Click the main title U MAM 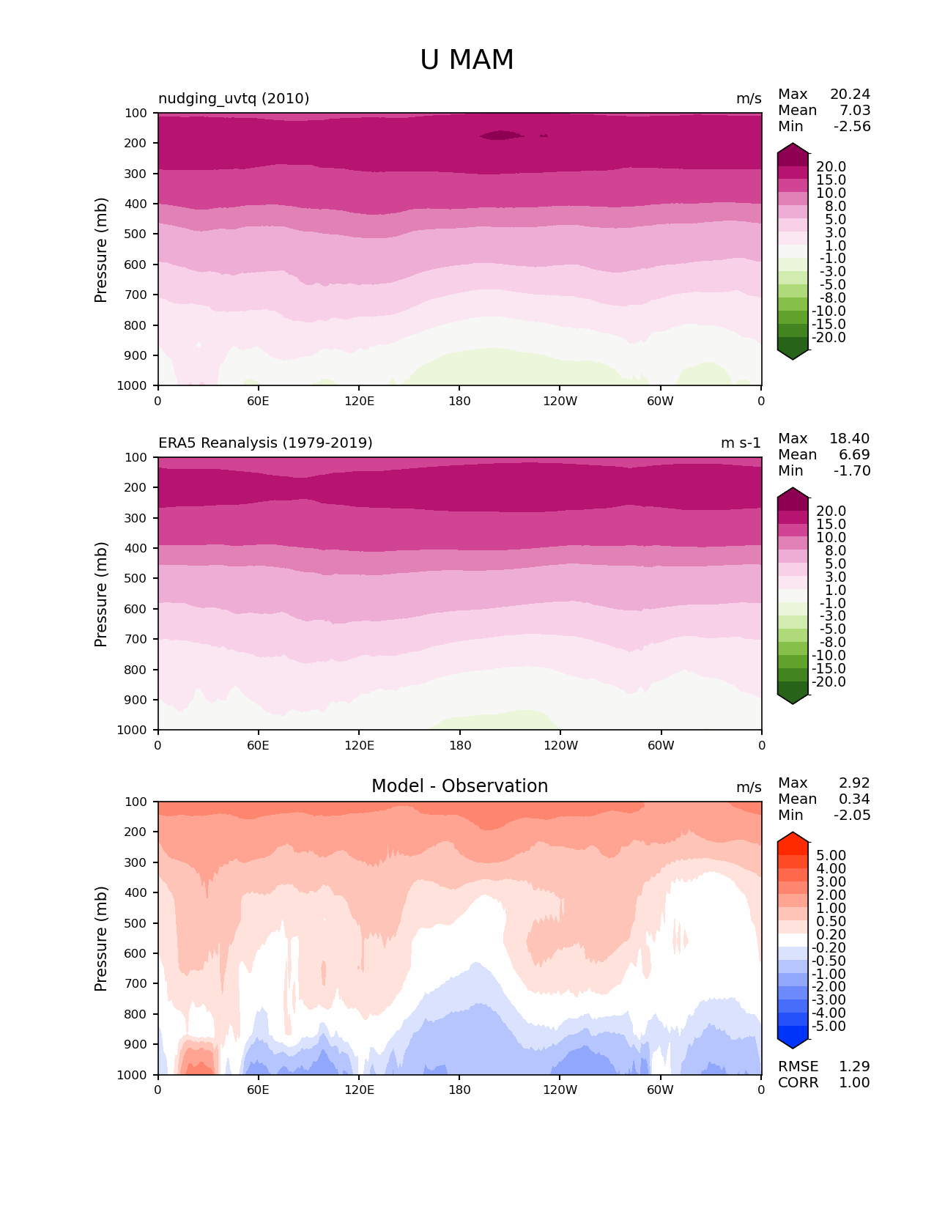[x=467, y=60]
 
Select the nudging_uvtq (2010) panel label [x=234, y=98]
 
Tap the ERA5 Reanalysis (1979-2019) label [x=265, y=443]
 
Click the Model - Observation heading [x=459, y=786]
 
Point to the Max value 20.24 [x=850, y=94]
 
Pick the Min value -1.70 [x=852, y=470]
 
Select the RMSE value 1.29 [x=854, y=1066]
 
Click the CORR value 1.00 [x=854, y=1082]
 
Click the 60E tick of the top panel [x=258, y=401]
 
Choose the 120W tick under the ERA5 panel [x=560, y=745]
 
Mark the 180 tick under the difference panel [x=459, y=1090]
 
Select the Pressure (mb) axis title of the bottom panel [x=101, y=939]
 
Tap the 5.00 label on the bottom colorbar [x=831, y=855]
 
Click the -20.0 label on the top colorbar [x=829, y=337]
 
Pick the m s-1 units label [x=741, y=443]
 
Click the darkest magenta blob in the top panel [x=502, y=135]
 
